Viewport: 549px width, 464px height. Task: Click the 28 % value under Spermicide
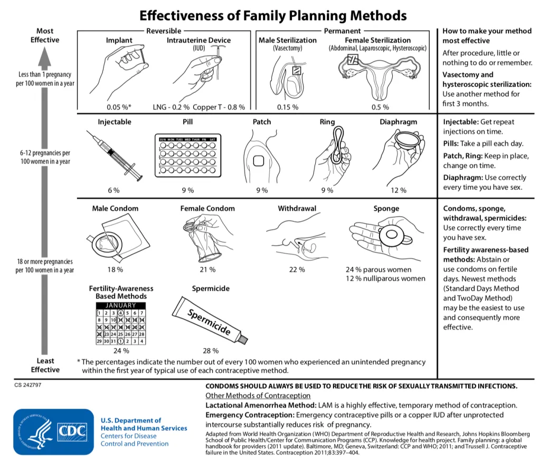pos(211,350)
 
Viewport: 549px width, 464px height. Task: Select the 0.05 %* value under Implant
pos(119,107)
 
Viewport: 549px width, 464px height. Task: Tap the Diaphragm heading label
pos(398,122)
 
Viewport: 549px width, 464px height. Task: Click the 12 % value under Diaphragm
pos(399,190)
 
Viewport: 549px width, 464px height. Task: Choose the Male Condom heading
pos(115,208)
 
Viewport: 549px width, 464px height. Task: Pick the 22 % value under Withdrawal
pos(297,269)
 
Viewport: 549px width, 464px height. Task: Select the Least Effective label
pos(45,365)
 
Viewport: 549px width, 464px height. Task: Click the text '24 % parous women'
pos(378,269)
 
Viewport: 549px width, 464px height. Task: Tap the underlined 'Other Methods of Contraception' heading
pos(258,395)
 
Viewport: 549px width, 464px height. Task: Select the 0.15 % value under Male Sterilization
pos(288,107)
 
